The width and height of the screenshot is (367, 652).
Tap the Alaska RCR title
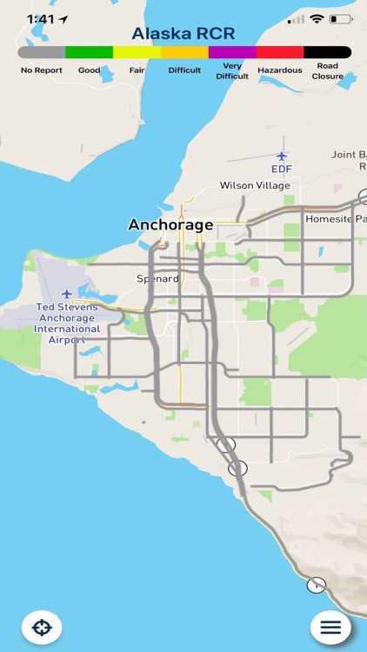pos(183,34)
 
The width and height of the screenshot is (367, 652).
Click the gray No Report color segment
pos(41,52)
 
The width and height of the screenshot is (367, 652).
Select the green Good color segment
pos(89,52)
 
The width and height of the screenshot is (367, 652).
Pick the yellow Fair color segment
pos(137,52)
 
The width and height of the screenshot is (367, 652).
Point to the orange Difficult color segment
pos(184,52)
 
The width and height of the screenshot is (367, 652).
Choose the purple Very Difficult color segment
pos(232,52)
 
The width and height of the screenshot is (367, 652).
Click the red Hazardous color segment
pos(280,52)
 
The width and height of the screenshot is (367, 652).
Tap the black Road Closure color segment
pos(328,52)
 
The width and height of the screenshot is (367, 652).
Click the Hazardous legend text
pos(280,70)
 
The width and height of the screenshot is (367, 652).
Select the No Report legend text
pos(41,70)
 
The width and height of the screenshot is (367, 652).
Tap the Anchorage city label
pos(170,224)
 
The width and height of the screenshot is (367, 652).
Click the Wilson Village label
pos(256,185)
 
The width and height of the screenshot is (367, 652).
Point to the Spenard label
pos(157,279)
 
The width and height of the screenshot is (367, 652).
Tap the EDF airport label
pos(281,169)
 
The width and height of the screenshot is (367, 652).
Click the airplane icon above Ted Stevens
pos(67,294)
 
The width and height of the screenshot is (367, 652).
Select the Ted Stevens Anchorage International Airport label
pos(68,323)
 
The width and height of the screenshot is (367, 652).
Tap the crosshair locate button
pos(42,627)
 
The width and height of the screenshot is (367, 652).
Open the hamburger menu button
pos(330,627)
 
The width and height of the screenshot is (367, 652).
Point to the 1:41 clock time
pos(41,18)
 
